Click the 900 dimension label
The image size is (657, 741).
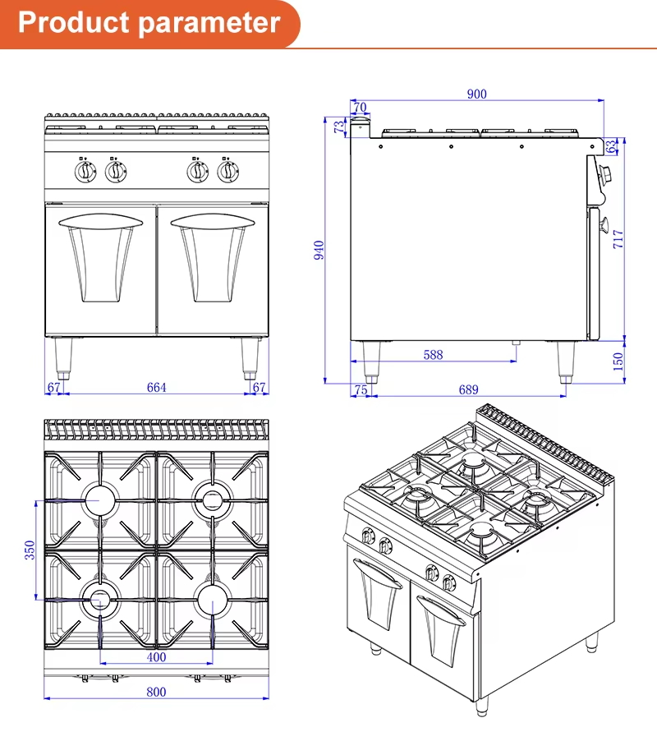point(476,94)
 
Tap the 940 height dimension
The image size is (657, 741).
point(319,250)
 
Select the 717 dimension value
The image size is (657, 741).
point(618,239)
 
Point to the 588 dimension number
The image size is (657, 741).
point(433,355)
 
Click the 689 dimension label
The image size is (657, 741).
point(469,390)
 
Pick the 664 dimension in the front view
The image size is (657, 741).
point(156,388)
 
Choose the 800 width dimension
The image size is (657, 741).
point(156,692)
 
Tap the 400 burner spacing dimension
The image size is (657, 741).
point(156,657)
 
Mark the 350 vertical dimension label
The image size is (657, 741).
point(30,550)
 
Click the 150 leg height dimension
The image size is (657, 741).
point(618,361)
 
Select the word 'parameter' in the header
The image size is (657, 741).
point(209,23)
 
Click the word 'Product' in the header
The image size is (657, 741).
point(74,22)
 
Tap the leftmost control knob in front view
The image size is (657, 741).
point(85,172)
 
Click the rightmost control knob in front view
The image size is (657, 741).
point(228,172)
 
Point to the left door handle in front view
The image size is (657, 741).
point(101,221)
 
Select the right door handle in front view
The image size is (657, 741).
point(213,221)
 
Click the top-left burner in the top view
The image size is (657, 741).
point(99,500)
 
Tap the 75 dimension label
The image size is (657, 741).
point(361,390)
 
